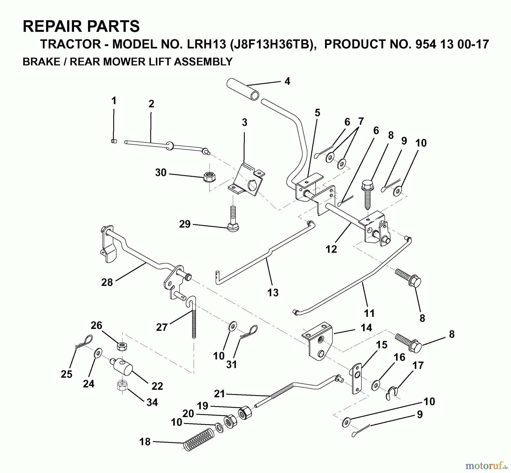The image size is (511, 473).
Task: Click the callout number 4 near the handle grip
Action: pyautogui.click(x=287, y=81)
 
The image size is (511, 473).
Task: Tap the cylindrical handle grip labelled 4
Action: pyautogui.click(x=243, y=90)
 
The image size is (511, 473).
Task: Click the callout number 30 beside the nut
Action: pyautogui.click(x=161, y=173)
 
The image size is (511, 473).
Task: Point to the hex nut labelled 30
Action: pyautogui.click(x=209, y=178)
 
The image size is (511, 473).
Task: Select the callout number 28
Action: pyautogui.click(x=107, y=282)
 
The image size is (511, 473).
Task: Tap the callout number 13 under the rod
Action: pyautogui.click(x=273, y=293)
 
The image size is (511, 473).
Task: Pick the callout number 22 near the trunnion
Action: pyautogui.click(x=157, y=386)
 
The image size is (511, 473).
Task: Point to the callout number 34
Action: pyautogui.click(x=152, y=402)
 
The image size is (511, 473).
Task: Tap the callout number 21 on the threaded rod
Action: pyautogui.click(x=219, y=394)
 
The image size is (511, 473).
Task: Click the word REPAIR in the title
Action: pyautogui.click(x=53, y=26)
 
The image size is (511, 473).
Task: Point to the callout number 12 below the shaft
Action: pyautogui.click(x=331, y=249)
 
